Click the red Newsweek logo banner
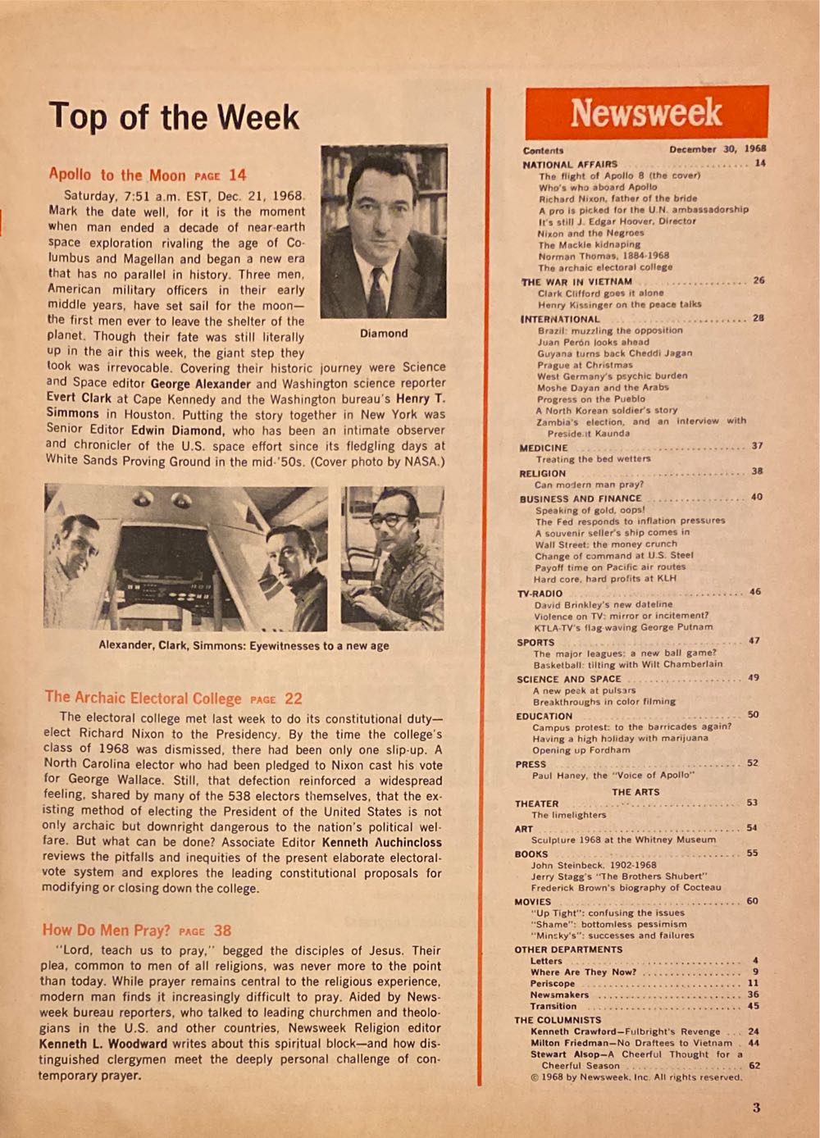point(646,112)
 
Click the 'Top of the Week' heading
point(174,116)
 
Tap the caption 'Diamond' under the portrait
point(383,334)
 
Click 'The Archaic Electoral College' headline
point(143,698)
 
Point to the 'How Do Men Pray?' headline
point(107,930)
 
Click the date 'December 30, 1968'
point(717,149)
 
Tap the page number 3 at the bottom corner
point(756,1108)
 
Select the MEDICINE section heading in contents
point(543,448)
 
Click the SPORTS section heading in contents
point(535,642)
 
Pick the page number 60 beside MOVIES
point(752,901)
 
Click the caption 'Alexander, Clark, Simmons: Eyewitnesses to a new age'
point(244,645)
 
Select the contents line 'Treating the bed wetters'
point(592,459)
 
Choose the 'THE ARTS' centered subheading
point(635,792)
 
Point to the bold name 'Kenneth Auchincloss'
point(381,842)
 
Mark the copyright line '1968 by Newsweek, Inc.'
point(635,1077)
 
